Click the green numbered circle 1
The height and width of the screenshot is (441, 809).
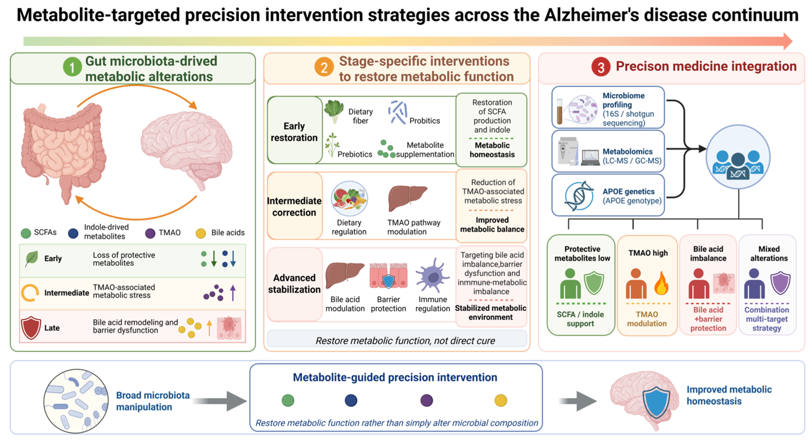point(72,67)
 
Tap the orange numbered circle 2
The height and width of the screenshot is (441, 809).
point(324,67)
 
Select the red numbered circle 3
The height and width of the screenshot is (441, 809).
point(601,67)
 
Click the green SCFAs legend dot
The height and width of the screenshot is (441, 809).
point(26,233)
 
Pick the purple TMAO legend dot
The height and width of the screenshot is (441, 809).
point(150,233)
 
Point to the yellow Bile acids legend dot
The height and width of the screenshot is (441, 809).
point(201,233)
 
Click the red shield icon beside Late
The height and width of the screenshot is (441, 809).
point(31,328)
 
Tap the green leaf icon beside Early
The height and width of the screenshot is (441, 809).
point(31,258)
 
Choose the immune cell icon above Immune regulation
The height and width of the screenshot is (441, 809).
point(432,275)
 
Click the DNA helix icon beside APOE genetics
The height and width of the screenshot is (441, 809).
point(579,196)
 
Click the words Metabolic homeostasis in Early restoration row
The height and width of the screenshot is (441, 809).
point(492,150)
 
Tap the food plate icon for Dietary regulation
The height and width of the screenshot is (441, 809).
point(349,198)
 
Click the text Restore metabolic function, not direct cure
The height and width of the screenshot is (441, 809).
point(405,340)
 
